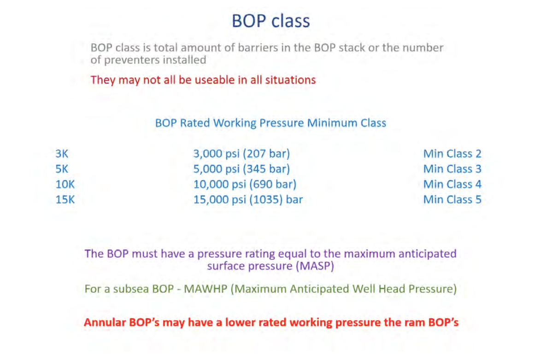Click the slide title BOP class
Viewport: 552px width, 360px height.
271,21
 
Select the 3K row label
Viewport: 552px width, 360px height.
62,154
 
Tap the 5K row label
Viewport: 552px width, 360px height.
62,169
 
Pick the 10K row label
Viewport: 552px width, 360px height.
65,184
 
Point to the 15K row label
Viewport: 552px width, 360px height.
65,200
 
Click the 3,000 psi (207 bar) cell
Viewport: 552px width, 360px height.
241,154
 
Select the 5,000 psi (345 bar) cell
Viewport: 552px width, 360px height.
241,169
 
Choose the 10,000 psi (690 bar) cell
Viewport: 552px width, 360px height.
245,185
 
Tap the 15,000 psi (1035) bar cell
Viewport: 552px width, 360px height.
248,200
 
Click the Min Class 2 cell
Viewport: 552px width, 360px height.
452,154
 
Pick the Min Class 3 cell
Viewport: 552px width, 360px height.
452,169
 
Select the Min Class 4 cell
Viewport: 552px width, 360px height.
452,184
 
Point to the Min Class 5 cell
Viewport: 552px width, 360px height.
452,200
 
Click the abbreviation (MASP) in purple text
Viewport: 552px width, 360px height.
315,266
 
